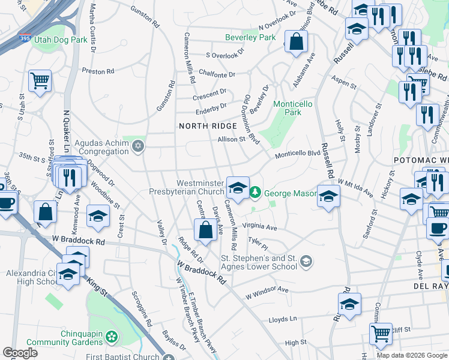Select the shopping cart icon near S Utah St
pyautogui.click(x=40, y=80)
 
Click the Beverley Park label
pyautogui.click(x=250, y=37)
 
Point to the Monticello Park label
pyautogui.click(x=293, y=108)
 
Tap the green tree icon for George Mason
pyautogui.click(x=256, y=192)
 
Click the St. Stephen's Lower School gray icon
pyautogui.click(x=306, y=260)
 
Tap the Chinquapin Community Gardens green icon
pyautogui.click(x=111, y=337)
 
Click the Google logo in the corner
pyautogui.click(x=20, y=353)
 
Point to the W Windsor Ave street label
pyautogui.click(x=267, y=293)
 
